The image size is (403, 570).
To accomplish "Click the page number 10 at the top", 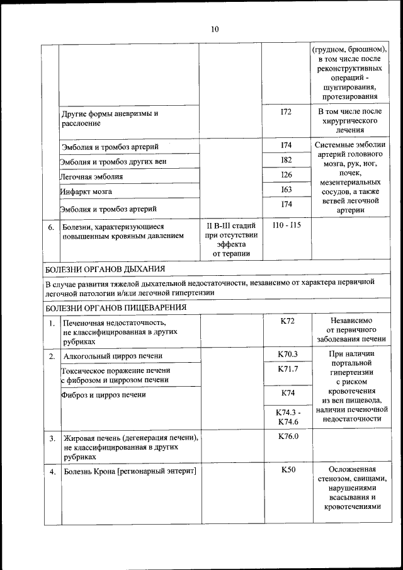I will [214, 30].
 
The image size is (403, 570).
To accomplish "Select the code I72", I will [287, 111].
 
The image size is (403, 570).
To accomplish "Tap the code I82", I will [287, 160].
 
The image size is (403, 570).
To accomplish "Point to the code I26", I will [287, 174].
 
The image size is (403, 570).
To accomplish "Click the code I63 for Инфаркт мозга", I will [287, 190].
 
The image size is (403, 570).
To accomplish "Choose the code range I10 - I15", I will [287, 225].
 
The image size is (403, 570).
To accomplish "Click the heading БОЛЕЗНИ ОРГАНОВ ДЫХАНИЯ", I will [106, 269].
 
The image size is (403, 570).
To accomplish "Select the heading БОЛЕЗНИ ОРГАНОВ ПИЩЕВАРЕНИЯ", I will [116, 307].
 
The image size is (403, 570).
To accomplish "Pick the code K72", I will [287, 321].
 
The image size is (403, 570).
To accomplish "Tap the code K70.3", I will [287, 354].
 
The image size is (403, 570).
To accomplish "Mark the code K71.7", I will [287, 369].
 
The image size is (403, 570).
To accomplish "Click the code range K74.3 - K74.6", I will [287, 417].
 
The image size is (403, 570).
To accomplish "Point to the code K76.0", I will [287, 436].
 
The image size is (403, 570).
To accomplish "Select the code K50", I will [287, 470].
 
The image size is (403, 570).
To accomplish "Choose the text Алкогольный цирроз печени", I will [113, 356].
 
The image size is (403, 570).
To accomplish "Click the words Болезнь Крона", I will [89, 472].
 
